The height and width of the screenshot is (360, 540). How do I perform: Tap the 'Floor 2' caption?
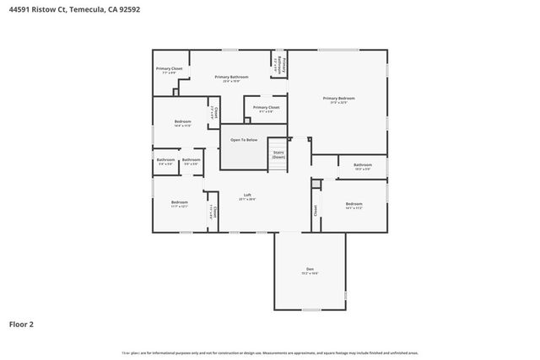point(21,324)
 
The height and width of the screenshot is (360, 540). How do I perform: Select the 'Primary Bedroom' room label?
point(338,99)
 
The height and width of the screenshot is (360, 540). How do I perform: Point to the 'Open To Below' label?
point(244,140)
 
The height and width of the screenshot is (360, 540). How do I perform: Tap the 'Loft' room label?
point(247,195)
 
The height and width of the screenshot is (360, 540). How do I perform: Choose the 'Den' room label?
point(310,269)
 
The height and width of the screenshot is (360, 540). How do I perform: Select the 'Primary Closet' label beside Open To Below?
point(266,108)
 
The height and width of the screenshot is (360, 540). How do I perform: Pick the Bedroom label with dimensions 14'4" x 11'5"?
point(183,122)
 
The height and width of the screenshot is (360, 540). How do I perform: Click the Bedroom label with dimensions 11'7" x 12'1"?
point(180,202)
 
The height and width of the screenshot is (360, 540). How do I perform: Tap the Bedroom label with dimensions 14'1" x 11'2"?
point(354,204)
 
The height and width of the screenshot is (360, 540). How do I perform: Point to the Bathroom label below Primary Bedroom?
point(363,164)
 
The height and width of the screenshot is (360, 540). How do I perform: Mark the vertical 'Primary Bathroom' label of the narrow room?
point(284,63)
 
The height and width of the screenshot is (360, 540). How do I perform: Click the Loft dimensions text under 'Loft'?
point(247,200)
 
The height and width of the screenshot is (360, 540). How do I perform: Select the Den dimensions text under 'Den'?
point(310,274)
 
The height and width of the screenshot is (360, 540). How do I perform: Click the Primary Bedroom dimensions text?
point(338,104)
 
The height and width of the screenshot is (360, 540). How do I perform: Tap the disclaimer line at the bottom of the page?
point(270,352)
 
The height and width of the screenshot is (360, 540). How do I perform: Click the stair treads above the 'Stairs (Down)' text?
point(278,144)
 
